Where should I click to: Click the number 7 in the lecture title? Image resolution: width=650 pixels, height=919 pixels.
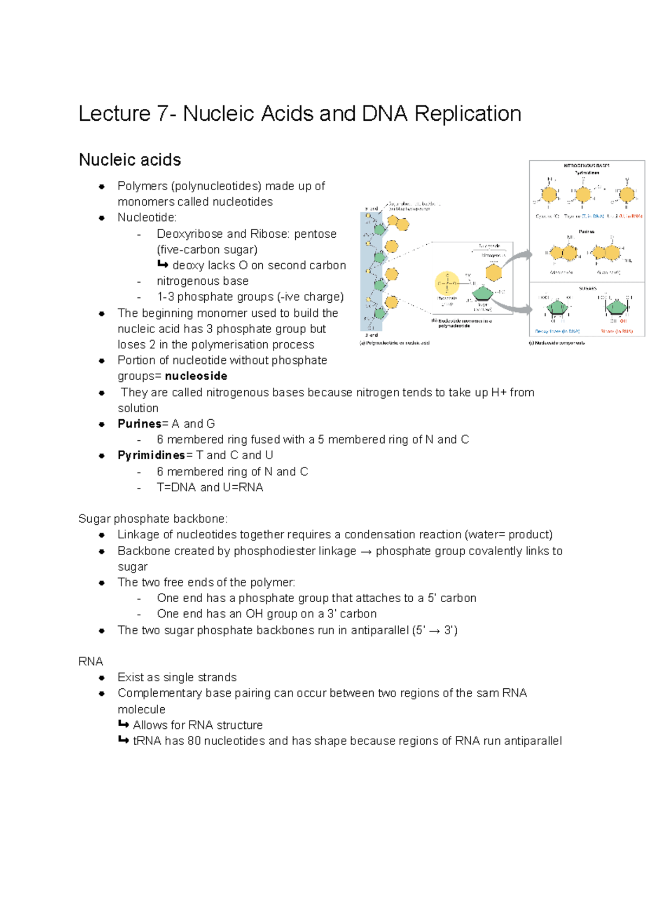click(162, 114)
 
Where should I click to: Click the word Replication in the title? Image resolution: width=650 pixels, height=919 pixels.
click(467, 114)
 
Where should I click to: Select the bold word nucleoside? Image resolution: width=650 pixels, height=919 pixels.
click(196, 376)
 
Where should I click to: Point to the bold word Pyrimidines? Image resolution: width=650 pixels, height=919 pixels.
click(152, 455)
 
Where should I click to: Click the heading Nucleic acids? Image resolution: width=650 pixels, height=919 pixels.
click(130, 160)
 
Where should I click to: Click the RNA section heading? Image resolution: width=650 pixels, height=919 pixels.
click(90, 661)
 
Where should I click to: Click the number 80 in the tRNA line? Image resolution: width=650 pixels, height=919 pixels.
click(194, 741)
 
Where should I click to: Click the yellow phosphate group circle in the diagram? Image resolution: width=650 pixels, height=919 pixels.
click(447, 283)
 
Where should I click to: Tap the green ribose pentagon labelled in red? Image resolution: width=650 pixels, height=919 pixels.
click(616, 308)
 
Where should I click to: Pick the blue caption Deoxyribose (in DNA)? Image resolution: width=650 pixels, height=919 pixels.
click(557, 331)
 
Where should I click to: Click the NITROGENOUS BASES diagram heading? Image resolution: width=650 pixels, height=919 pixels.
click(587, 165)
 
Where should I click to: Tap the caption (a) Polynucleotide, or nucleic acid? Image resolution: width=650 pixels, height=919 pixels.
click(394, 343)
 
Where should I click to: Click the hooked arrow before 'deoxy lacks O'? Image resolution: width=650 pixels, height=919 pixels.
click(162, 265)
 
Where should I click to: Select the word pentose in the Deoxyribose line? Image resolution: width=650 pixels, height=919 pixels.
click(315, 234)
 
